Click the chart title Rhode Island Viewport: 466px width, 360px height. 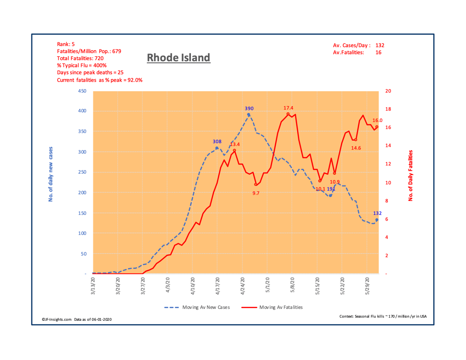coord(178,58)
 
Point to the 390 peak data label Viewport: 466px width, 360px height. coord(249,109)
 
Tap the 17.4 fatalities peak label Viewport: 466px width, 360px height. coord(288,108)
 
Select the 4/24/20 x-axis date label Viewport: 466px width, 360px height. coord(243,286)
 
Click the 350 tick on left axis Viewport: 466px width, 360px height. coord(82,131)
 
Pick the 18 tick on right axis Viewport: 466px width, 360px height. coord(388,109)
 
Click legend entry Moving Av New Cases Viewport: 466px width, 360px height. coord(206,307)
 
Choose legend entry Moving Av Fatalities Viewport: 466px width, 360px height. coord(281,307)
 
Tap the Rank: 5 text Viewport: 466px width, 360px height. coord(66,44)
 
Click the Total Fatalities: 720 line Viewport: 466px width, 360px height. coord(80,58)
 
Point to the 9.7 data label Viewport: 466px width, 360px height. coord(256,193)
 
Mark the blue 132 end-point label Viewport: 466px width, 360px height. coord(377,213)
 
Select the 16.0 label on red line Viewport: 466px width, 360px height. coord(377,120)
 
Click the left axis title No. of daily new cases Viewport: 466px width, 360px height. coord(51,174)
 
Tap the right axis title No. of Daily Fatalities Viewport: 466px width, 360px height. coord(411,175)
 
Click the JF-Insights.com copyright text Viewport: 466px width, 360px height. coord(57,320)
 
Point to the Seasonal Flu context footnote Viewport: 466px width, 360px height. coord(383,316)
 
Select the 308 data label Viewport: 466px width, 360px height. coord(217,142)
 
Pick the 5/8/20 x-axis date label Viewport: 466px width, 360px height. coord(293,286)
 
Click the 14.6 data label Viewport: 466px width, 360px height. coord(356,148)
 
